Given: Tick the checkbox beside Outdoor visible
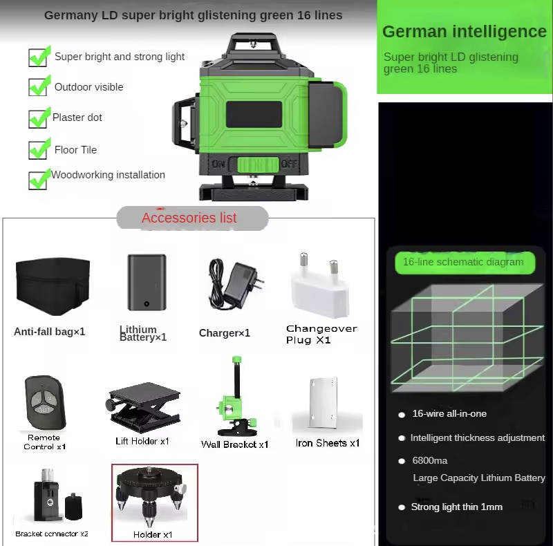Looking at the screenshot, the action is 38,87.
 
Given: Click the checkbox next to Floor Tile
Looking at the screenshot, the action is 38,150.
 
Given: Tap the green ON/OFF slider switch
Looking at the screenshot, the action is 258,164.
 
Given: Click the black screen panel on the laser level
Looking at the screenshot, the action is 254,114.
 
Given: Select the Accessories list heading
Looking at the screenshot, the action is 189,218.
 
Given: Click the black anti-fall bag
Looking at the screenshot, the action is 53,286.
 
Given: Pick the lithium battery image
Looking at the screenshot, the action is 147,282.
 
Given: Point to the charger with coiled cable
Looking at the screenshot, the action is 235,284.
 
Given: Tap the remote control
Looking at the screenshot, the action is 46,402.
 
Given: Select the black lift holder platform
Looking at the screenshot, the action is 143,406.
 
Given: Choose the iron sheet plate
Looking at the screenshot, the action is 323,402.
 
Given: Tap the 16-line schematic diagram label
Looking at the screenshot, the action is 463,262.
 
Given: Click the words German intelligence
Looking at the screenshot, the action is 465,31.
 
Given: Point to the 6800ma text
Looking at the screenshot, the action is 429,460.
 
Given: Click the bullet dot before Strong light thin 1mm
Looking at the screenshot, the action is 402,507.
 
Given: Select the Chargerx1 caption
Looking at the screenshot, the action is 224,333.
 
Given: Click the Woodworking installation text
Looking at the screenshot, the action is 109,175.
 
